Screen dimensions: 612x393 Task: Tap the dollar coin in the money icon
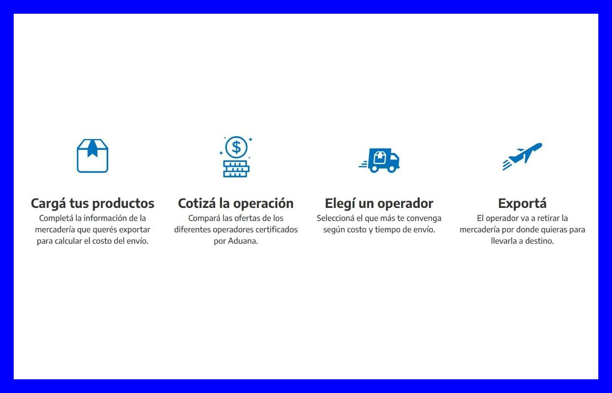click(x=236, y=147)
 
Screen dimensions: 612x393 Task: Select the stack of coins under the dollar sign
click(x=236, y=169)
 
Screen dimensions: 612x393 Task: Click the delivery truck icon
click(x=379, y=161)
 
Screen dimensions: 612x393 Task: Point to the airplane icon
click(x=522, y=156)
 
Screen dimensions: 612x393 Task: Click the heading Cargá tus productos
click(x=92, y=204)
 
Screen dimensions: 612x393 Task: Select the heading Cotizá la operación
click(x=236, y=204)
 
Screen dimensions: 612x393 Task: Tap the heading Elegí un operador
click(x=379, y=204)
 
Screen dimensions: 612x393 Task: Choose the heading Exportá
click(x=522, y=204)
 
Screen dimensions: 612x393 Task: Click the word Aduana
click(x=243, y=241)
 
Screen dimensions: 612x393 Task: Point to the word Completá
click(x=56, y=218)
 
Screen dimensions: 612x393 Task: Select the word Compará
click(x=204, y=218)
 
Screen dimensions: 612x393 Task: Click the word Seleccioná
click(x=336, y=218)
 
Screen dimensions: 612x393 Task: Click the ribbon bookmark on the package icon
click(x=92, y=149)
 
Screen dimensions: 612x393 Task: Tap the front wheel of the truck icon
click(x=391, y=169)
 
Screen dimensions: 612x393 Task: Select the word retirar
click(x=548, y=218)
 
